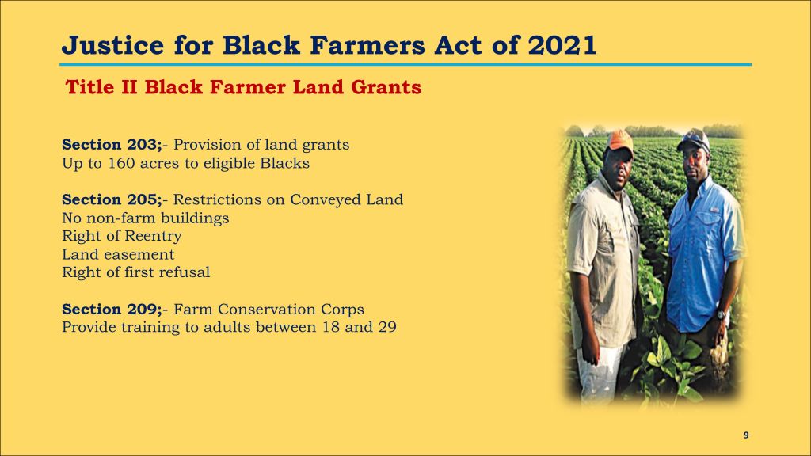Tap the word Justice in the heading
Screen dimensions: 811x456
[x=112, y=45]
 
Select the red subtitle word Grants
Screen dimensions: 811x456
[x=386, y=87]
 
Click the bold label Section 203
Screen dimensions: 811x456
[x=111, y=144]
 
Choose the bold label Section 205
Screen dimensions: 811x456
[x=111, y=199]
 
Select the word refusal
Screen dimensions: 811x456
[x=183, y=272]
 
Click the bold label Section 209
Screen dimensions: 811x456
[x=111, y=310]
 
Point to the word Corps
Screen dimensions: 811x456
[x=342, y=310]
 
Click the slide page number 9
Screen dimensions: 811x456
[x=746, y=435]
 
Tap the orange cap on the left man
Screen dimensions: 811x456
[x=619, y=141]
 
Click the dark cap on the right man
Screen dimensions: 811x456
[x=694, y=139]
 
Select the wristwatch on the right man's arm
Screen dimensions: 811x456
[x=722, y=313]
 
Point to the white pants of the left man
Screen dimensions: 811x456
[x=599, y=372]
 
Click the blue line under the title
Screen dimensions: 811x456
[x=405, y=65]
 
